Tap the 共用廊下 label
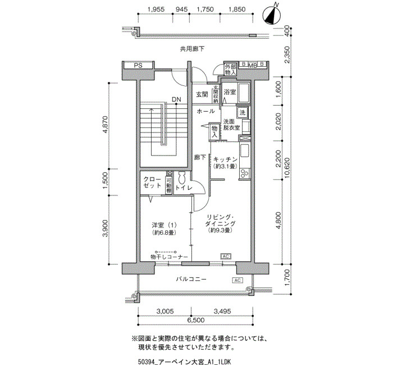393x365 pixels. tap(192, 49)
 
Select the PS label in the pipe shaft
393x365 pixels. tap(138, 66)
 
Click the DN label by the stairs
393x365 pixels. tap(176, 99)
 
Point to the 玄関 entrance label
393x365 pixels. tap(202, 94)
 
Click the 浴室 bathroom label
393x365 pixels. tap(230, 92)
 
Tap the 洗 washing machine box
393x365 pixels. tap(243, 112)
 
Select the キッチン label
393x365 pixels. tap(225, 159)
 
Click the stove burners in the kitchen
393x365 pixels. tap(245, 174)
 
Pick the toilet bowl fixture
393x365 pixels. tap(182, 177)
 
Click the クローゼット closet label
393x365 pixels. tap(152, 182)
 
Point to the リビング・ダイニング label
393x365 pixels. tap(220, 220)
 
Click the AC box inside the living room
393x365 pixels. tap(226, 256)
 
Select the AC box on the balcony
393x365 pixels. tap(237, 280)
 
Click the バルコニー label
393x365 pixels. tap(191, 279)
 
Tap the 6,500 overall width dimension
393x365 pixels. tap(195, 320)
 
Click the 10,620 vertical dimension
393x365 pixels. tap(287, 168)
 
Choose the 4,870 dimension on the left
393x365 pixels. tap(106, 125)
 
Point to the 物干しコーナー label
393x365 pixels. tap(169, 257)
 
